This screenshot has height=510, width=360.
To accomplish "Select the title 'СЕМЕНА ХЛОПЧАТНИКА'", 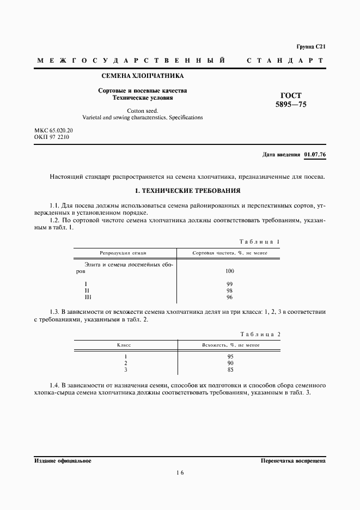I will coord(142,76).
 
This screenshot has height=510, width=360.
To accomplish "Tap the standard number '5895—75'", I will coord(291,104).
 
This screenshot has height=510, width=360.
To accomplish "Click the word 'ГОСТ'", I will coord(291,94).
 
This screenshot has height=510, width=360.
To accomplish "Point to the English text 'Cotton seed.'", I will coord(142,110).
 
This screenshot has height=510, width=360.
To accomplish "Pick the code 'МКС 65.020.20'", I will coord(53,131).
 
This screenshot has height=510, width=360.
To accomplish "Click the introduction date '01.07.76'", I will coord(315,155).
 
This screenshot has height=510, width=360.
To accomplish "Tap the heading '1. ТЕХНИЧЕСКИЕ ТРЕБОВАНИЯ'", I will coord(179,191).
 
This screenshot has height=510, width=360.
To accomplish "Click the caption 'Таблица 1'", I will coord(259,241).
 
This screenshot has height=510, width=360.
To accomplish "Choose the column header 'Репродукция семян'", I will coord(123,253).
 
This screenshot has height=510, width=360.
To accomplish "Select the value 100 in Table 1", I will coord(229,271).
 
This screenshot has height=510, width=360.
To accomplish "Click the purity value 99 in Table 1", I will coord(229,284).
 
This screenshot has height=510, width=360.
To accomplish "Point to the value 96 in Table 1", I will coord(229,297).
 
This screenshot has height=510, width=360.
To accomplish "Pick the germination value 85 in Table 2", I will coord(230,369).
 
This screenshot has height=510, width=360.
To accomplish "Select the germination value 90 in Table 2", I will coord(230,363).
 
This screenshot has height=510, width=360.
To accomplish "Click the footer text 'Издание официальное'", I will coord(63,460).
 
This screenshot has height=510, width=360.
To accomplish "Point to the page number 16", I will coord(180,473).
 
